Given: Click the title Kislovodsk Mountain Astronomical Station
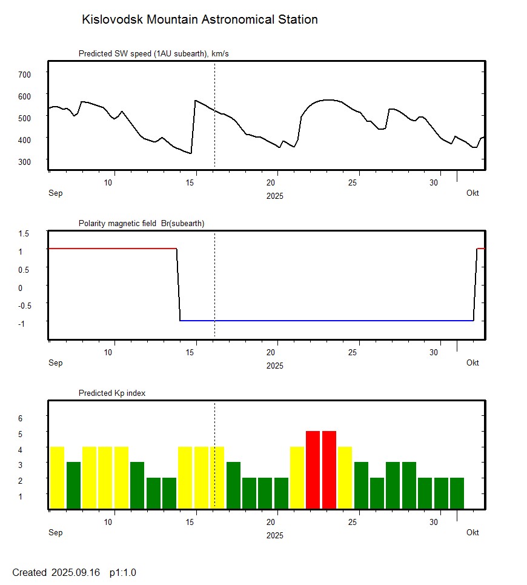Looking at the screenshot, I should (199, 19).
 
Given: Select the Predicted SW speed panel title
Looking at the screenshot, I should (153, 54).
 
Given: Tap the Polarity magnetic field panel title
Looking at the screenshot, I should (141, 224).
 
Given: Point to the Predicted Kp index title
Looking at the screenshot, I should (112, 393).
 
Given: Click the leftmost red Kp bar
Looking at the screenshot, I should (313, 470).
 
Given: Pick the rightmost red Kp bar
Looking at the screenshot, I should (329, 470).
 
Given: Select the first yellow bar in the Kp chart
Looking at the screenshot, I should (57, 478).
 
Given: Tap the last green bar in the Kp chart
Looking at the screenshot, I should (457, 493).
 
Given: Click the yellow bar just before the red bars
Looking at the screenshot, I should (297, 478).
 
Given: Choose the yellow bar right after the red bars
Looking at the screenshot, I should (345, 478).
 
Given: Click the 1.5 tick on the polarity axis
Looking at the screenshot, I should (24, 233).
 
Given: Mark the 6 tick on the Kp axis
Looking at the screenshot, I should (21, 418).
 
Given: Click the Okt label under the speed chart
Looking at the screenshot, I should (472, 193).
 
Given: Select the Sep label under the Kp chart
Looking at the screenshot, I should (55, 533).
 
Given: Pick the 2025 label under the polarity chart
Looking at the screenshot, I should (274, 366).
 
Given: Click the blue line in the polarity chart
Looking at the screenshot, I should (327, 320).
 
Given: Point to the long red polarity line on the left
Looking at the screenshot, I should (112, 249).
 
